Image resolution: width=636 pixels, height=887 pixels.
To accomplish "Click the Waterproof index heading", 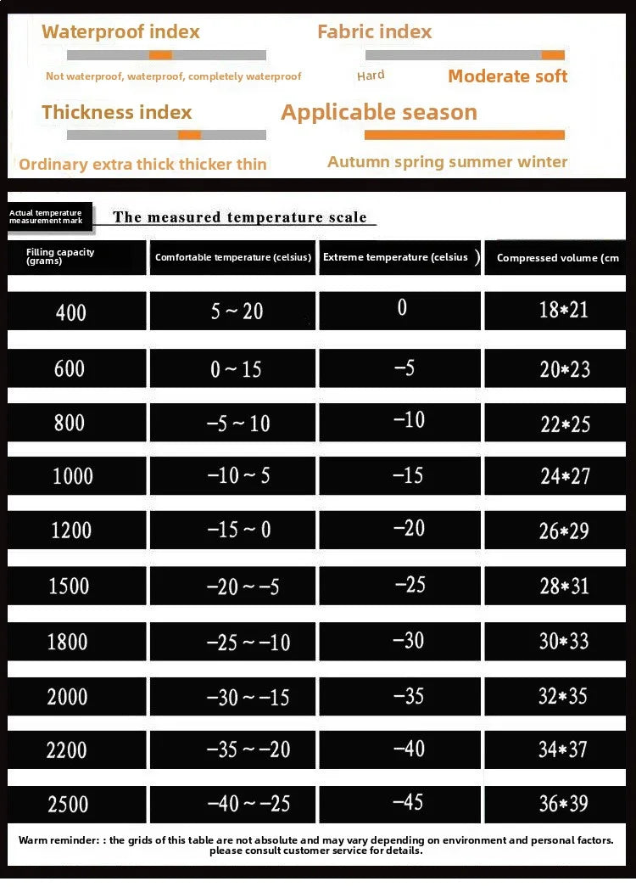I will click(x=120, y=32).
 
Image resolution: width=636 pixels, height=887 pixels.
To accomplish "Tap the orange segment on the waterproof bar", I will click(x=160, y=55).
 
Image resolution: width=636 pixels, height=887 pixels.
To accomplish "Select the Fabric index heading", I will click(x=374, y=32).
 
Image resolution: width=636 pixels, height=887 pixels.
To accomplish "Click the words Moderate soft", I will click(x=507, y=76).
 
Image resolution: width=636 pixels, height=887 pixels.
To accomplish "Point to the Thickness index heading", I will click(x=116, y=112).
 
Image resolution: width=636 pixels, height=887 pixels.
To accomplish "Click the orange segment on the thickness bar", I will click(x=189, y=135).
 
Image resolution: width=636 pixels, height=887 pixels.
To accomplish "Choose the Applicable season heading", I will click(x=378, y=112).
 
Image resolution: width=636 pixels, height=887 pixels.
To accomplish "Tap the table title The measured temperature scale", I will click(x=240, y=217).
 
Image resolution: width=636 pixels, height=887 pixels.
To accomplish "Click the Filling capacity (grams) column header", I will click(x=60, y=256).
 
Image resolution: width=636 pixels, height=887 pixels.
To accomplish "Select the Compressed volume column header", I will click(x=557, y=258).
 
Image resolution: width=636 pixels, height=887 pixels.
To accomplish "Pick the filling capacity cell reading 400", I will click(x=70, y=312).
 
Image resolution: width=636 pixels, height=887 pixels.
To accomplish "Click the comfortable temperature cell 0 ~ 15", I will click(x=237, y=368).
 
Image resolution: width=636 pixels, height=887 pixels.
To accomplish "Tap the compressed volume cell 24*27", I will click(x=565, y=475).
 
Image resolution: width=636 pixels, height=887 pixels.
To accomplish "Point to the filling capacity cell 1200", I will click(x=70, y=531).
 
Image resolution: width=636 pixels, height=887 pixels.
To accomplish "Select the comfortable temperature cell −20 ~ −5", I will click(x=242, y=586).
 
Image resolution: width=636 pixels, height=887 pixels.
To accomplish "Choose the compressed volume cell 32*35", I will click(x=563, y=696).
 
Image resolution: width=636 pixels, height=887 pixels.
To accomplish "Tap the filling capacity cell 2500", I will click(x=68, y=804).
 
